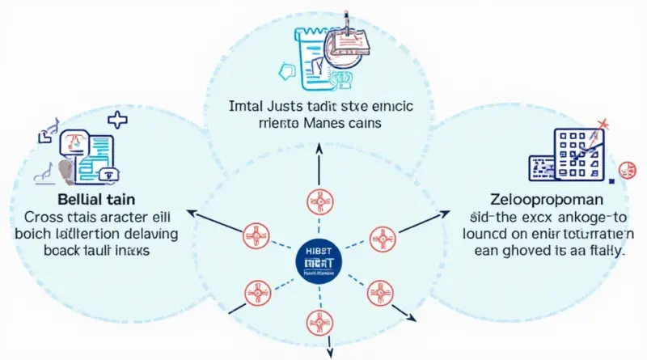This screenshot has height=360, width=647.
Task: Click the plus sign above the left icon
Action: pos(117,121)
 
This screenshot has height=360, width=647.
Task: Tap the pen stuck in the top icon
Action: pos(346,19)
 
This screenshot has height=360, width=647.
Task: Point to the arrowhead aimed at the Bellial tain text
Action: pos(191,213)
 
